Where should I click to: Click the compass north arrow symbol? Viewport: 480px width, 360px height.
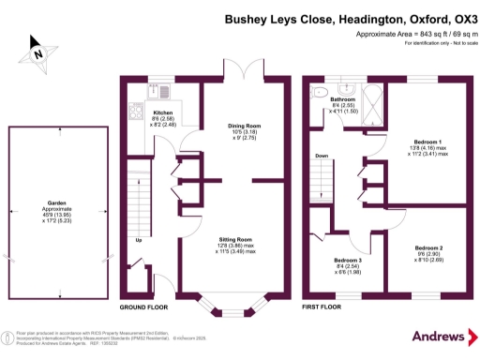pos(37,53)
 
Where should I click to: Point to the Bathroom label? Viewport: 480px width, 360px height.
pos(342,99)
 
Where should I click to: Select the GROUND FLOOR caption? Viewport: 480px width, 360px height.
pos(144,307)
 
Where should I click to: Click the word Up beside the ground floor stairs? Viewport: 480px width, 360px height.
pos(140,239)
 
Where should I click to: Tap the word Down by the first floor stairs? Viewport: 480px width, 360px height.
pos(322,156)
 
